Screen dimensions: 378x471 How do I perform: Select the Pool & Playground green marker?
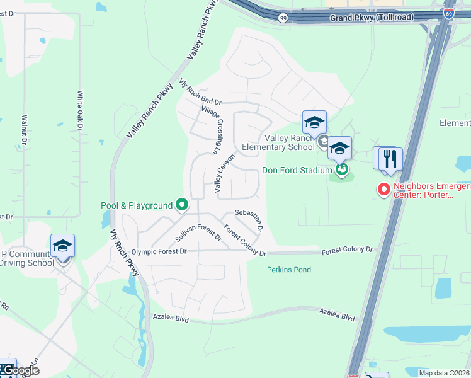[x=182, y=205]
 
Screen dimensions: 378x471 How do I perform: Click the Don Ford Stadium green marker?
[x=342, y=169]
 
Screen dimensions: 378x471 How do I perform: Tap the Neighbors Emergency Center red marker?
[x=383, y=189]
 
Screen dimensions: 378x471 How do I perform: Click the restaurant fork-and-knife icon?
[x=391, y=158]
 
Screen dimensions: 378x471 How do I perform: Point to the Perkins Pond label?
[x=288, y=270]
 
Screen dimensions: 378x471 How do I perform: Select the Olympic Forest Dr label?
[x=159, y=251]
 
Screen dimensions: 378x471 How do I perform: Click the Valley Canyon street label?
[x=224, y=173]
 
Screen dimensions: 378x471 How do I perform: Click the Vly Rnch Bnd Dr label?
[x=200, y=91]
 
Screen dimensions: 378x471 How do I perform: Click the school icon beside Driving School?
[x=62, y=246]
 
